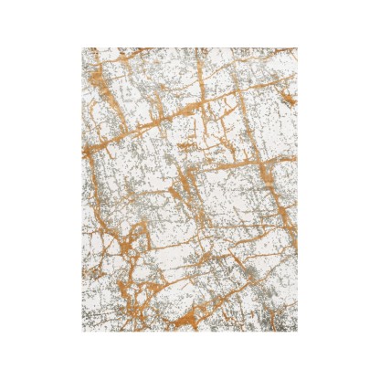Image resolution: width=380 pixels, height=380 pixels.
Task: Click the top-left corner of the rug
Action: [x=81, y=48]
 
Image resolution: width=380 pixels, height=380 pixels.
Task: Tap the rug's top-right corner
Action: [x=298, y=48]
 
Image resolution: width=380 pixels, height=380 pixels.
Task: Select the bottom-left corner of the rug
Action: [x=81, y=332]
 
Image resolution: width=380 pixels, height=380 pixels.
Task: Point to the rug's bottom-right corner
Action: [x=298, y=332]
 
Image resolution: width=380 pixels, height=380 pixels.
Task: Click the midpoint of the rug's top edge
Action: [x=189, y=48]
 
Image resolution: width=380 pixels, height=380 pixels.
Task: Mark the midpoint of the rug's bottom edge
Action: [x=189, y=332]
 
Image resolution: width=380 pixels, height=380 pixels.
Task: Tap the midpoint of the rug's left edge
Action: [x=81, y=190]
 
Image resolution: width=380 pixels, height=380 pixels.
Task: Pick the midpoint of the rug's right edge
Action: [x=298, y=190]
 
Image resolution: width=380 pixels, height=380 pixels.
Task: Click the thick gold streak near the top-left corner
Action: [x=102, y=73]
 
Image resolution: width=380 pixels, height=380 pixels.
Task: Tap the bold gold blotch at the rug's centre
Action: [x=187, y=187]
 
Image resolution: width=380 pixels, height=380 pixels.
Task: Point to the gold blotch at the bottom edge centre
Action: [x=196, y=320]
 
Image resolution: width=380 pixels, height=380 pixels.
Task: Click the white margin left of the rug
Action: [x=41, y=190]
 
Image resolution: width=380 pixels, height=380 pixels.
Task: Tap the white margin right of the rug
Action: [x=338, y=190]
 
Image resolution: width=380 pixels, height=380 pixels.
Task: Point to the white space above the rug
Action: [x=189, y=23]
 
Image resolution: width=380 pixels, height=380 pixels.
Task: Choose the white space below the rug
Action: [x=189, y=356]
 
